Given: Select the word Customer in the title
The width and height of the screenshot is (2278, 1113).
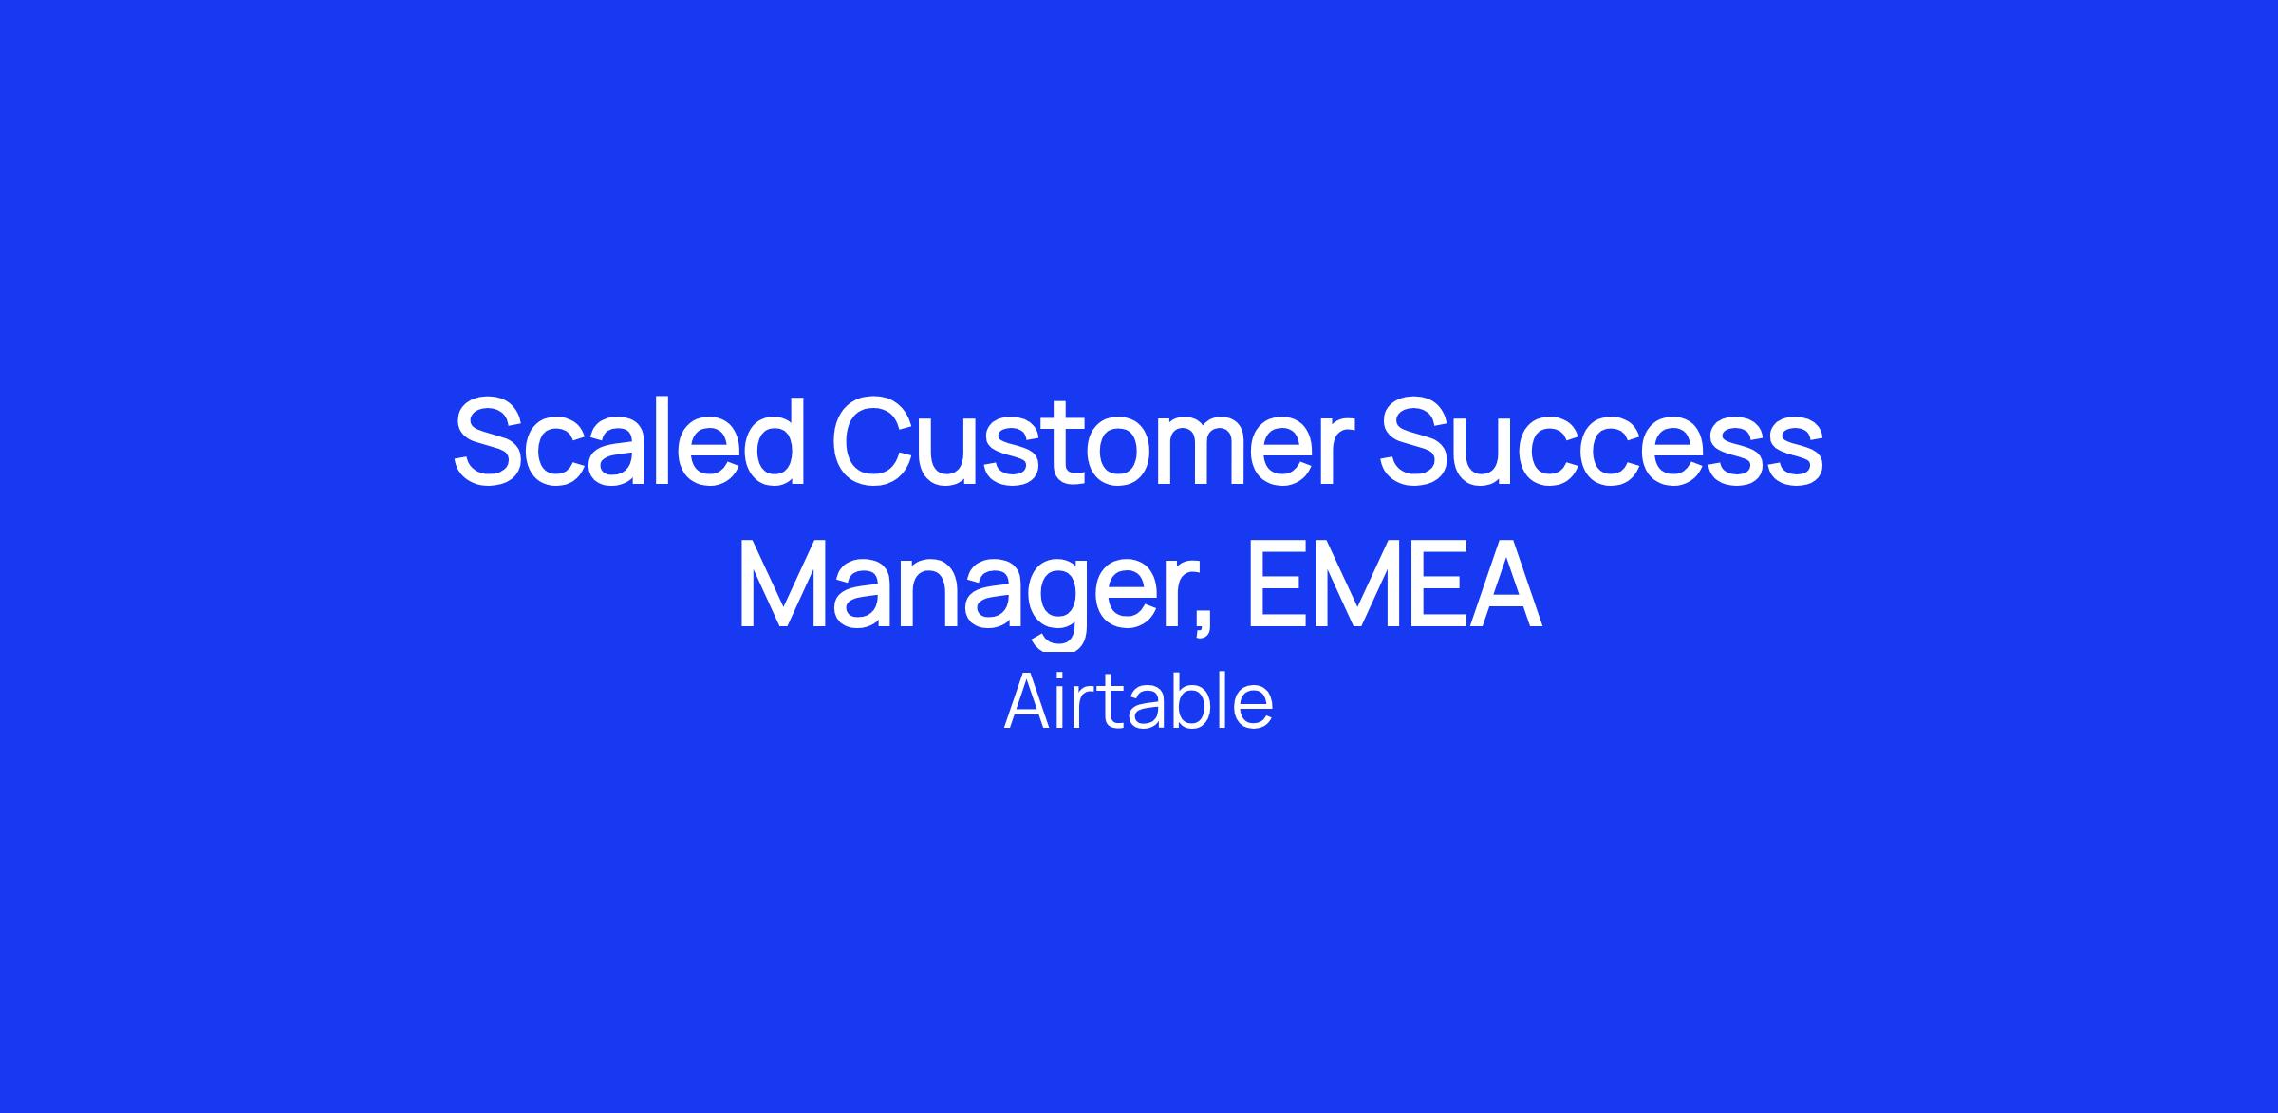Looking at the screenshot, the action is point(1092,441).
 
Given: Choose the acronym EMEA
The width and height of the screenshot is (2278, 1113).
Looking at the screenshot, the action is point(1393,584).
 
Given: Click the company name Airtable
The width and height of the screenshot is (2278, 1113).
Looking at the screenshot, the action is point(1138,702).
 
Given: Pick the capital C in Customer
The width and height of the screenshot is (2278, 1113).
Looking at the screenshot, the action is point(874,441).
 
